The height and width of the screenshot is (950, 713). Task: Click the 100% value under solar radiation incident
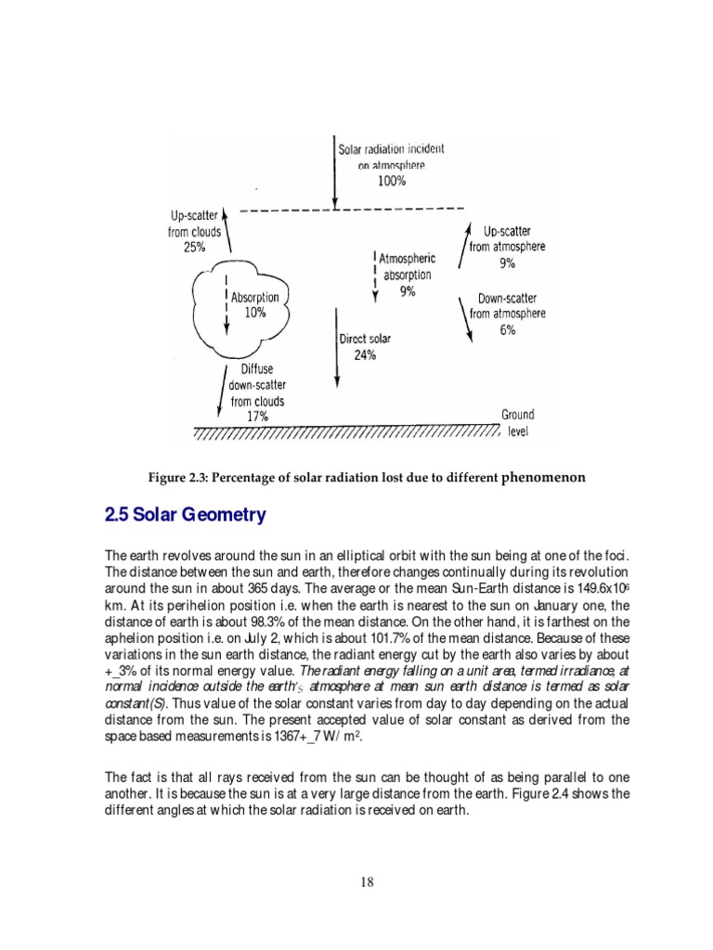391,181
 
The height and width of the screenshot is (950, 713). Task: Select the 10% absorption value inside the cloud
254,314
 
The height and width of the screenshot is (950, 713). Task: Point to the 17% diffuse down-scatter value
256,417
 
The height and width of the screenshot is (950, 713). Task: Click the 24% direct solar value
365,355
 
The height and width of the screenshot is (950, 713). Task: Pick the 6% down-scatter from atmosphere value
507,329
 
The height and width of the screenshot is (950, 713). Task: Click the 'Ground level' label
517,423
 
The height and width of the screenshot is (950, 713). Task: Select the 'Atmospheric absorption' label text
407,267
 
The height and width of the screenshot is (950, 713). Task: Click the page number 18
367,882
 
